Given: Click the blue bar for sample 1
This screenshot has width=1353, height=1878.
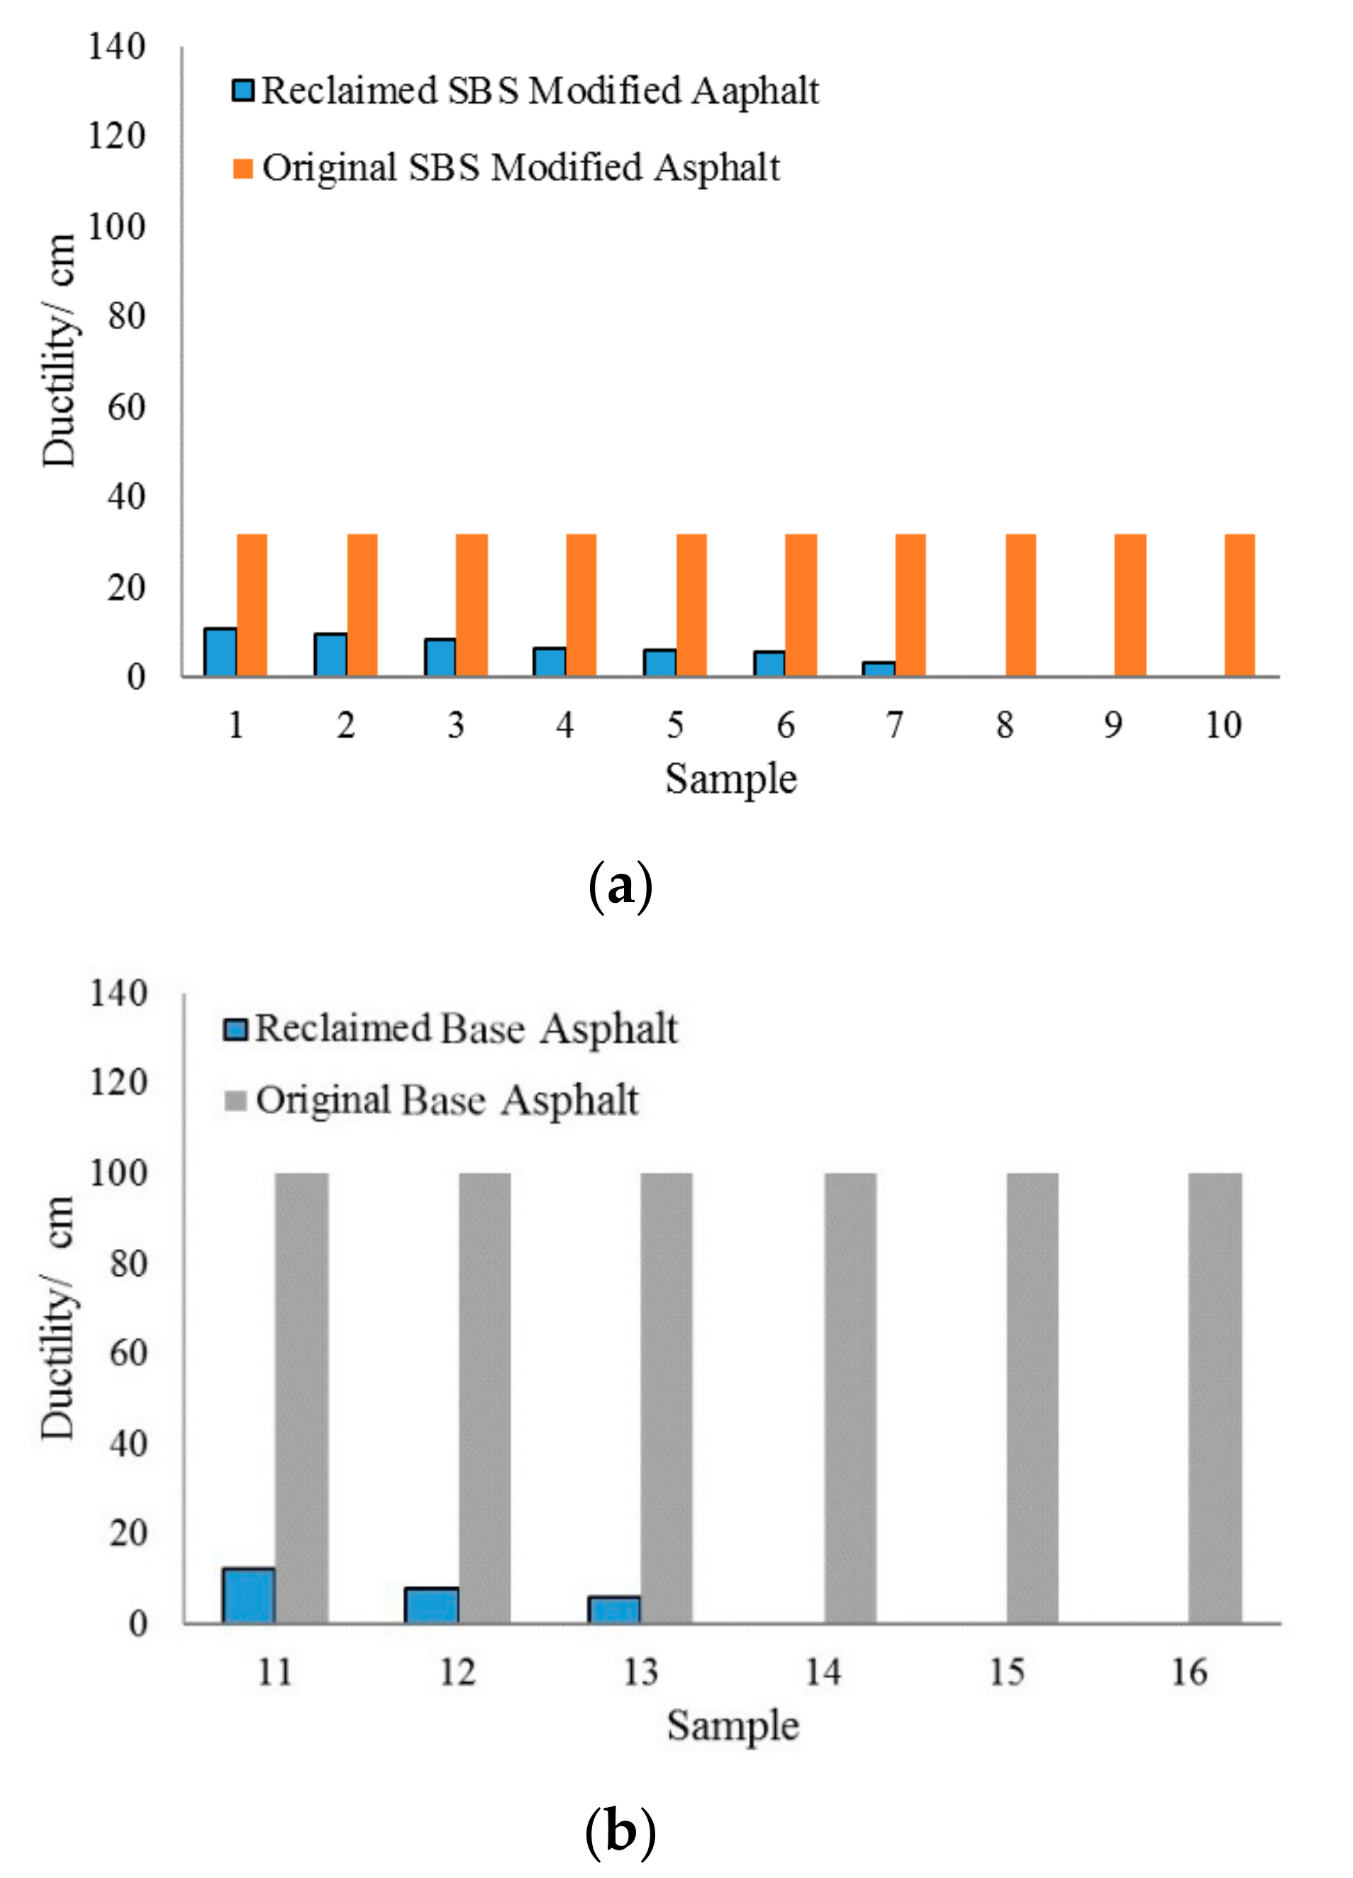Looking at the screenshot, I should (221, 652).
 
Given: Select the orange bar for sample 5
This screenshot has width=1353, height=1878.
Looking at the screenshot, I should (691, 605).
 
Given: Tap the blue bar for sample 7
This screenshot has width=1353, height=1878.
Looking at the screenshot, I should (879, 669).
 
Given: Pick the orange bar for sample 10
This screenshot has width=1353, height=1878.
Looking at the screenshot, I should (1240, 605).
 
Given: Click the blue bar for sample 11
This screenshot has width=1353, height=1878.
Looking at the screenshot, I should (248, 1595).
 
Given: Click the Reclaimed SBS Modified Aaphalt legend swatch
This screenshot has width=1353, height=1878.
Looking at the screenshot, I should (243, 90).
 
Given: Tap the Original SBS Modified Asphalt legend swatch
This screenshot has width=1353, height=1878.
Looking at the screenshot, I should (243, 169).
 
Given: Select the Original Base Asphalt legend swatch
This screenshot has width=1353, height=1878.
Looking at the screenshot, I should (236, 1101).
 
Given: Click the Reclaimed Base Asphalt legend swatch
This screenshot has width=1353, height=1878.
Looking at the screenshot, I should (236, 1029).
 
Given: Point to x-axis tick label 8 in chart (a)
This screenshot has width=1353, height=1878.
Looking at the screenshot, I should (1004, 726).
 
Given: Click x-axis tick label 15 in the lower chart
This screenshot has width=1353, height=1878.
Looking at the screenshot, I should (1007, 1672).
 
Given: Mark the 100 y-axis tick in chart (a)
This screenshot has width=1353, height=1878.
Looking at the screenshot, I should (117, 226).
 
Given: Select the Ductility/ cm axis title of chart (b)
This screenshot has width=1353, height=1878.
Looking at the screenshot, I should (58, 1316).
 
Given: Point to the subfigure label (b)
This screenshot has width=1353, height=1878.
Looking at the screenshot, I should (620, 1832).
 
